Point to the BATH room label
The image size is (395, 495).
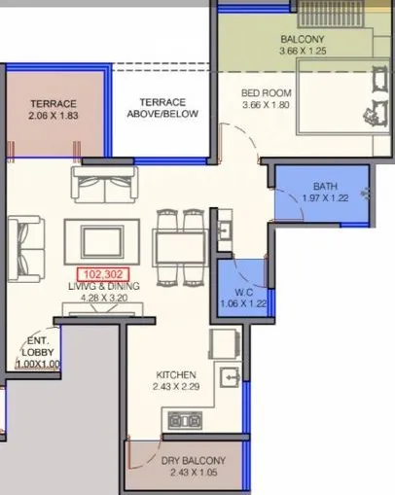[x=324, y=186]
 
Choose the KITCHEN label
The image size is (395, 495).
[x=176, y=374]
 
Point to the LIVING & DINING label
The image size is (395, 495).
[x=104, y=288]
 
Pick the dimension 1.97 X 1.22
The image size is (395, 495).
[x=324, y=198]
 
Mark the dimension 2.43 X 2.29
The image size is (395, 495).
[x=176, y=387]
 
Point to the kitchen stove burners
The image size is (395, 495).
[x=185, y=420]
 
